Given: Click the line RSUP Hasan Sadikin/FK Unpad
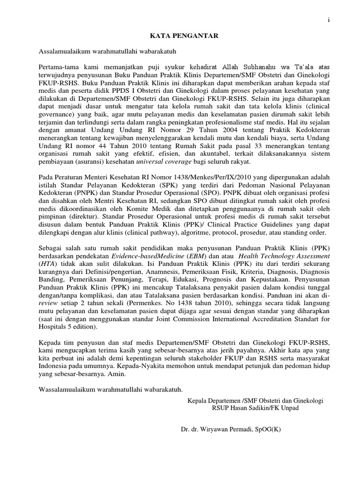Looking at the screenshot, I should (255, 408).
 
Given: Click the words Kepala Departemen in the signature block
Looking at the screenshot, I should (213, 400).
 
